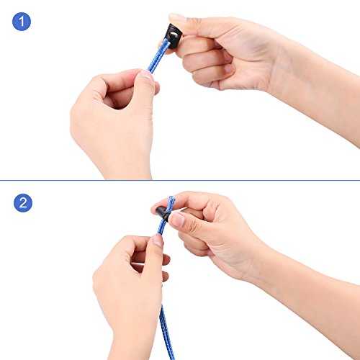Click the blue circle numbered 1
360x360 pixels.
pyautogui.click(x=22, y=22)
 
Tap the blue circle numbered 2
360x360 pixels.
pyautogui.click(x=23, y=203)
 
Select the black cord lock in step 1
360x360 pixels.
pyautogui.click(x=174, y=36)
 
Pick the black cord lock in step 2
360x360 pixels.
pyautogui.click(x=163, y=212)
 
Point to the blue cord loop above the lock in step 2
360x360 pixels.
pyautogui.click(x=171, y=204)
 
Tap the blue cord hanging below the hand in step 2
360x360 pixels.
pyautogui.click(x=166, y=333)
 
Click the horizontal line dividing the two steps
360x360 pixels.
pyautogui.click(x=180, y=180)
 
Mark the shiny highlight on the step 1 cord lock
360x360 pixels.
pyautogui.click(x=174, y=35)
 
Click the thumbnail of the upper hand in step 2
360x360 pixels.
pyautogui.click(x=178, y=220)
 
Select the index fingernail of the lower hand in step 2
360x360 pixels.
pyautogui.click(x=158, y=240)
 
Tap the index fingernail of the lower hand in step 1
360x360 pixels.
pyautogui.click(x=145, y=75)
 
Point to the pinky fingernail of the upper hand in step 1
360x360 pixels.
pyautogui.click(x=228, y=68)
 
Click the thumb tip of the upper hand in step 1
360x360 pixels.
pyautogui.click(x=176, y=17)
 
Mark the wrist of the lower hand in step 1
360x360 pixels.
pyautogui.click(x=127, y=168)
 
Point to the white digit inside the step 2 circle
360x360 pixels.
pyautogui.click(x=23, y=203)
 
